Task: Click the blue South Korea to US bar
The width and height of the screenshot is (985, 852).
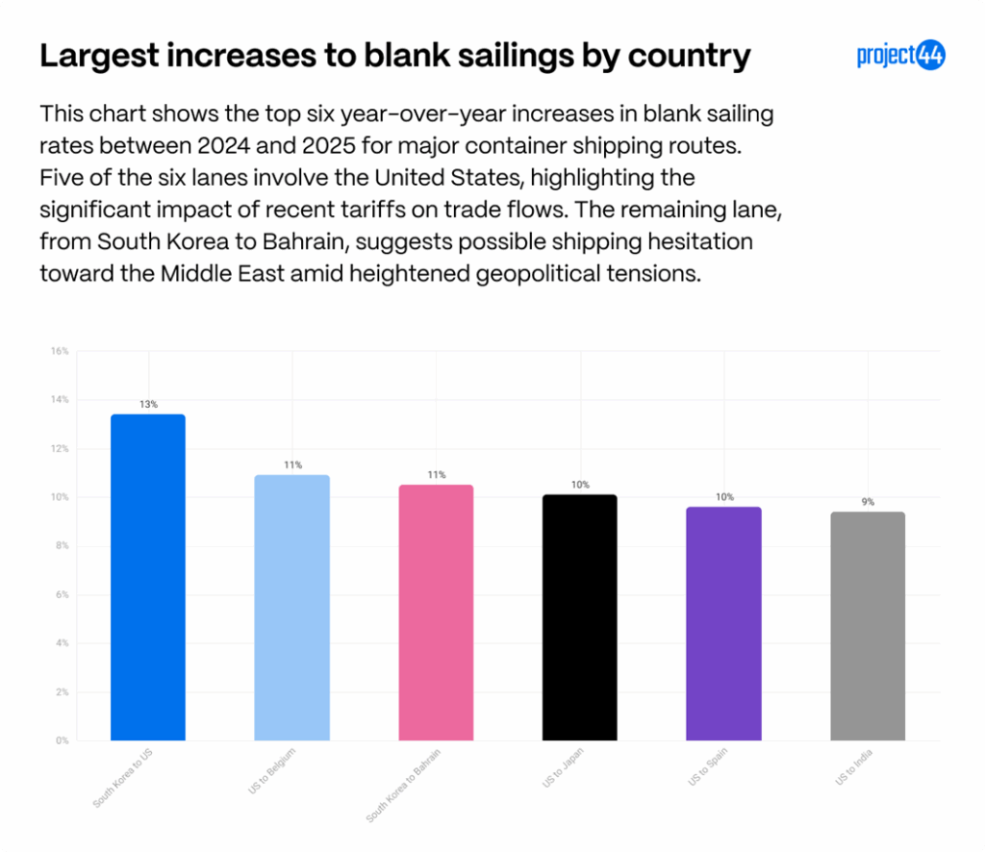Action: click(148, 577)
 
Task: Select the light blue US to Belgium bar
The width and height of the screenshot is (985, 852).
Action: click(291, 608)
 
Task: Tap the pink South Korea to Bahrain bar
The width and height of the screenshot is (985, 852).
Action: click(436, 613)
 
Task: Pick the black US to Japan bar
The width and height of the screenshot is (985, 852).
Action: click(580, 617)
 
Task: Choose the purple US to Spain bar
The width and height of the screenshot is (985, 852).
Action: click(724, 623)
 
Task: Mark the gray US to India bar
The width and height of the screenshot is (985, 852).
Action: click(868, 626)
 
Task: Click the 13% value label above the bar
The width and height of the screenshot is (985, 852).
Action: click(148, 405)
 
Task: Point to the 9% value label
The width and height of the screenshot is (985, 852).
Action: click(868, 502)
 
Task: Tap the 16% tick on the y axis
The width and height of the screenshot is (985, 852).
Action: click(60, 351)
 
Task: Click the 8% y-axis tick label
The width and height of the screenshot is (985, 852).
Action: click(60, 546)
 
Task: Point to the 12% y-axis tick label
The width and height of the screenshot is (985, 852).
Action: click(60, 449)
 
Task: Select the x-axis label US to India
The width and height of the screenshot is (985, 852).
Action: click(851, 767)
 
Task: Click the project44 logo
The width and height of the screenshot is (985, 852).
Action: click(901, 56)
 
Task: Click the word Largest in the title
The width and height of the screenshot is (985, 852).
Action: click(94, 57)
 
